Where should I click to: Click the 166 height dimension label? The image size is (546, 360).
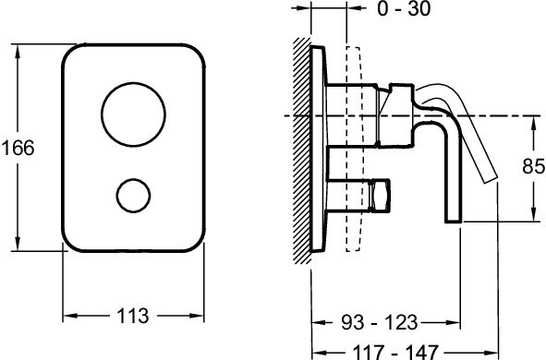point(18,149)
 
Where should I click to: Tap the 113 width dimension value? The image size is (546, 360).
point(133,316)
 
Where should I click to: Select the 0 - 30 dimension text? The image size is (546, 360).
point(404,8)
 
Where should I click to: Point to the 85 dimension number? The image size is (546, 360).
point(533,166)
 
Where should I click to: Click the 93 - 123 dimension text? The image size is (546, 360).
point(379,322)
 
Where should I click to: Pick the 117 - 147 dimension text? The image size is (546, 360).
point(394,352)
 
